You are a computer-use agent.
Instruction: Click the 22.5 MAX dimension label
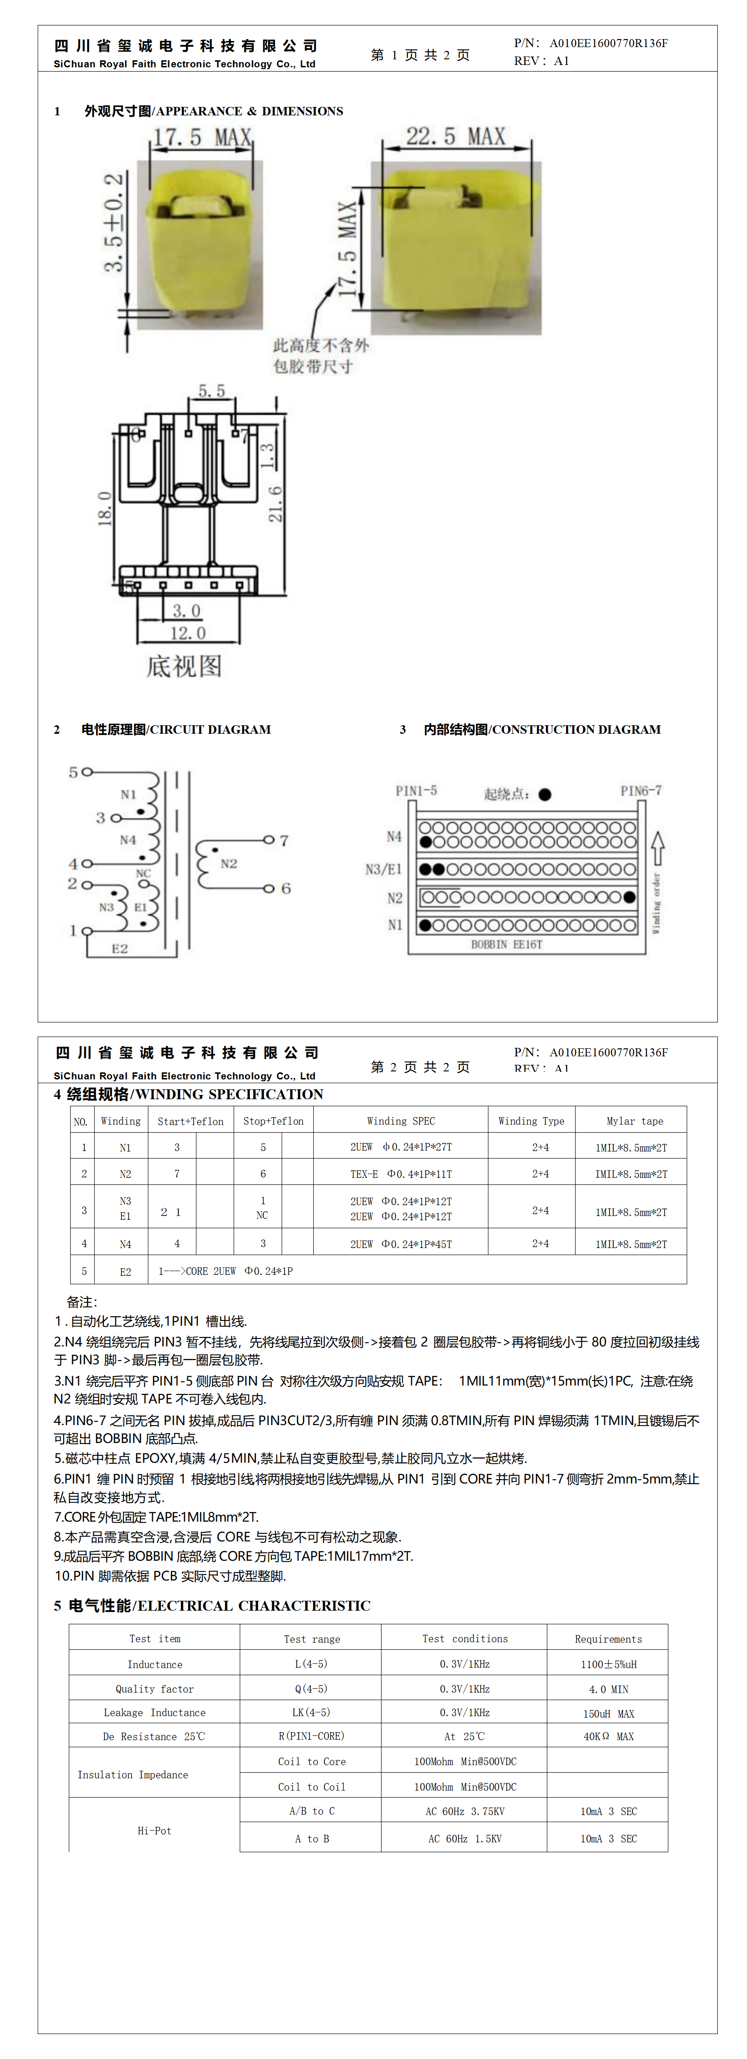[455, 137]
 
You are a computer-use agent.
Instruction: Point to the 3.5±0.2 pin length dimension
[114, 222]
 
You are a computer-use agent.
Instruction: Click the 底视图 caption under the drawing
[184, 666]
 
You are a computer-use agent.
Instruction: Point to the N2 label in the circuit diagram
[229, 863]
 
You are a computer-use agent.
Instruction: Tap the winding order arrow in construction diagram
[658, 847]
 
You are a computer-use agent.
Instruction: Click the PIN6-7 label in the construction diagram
[641, 791]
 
